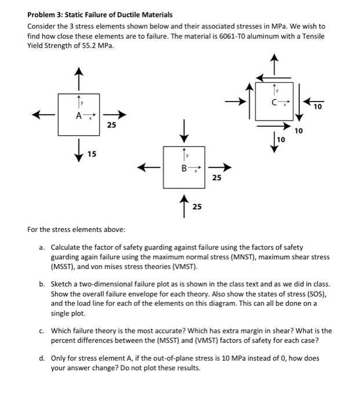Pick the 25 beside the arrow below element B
coord(197,206)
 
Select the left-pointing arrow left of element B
coord(148,169)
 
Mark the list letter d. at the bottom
coord(42,358)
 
